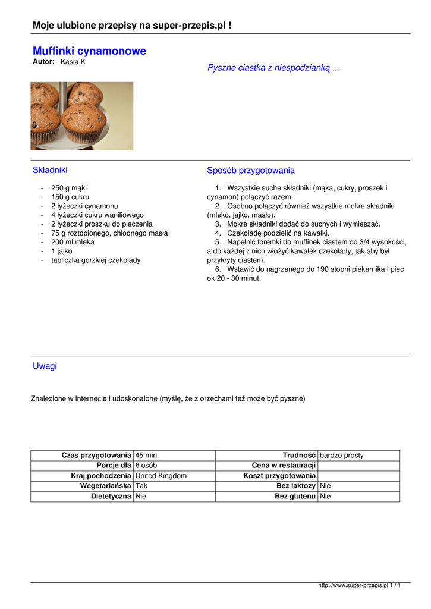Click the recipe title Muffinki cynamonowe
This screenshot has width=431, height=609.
89,51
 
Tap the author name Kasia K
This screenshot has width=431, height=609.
73,62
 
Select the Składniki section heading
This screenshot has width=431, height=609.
50,171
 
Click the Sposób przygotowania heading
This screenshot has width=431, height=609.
250,171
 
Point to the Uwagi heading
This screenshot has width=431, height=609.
45,366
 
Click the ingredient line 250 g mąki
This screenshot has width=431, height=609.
68,188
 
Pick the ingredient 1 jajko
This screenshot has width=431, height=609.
61,251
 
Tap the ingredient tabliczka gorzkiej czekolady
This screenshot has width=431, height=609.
96,260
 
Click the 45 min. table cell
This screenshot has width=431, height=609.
147,456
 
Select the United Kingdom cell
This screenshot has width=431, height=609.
161,476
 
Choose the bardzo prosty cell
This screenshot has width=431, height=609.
342,456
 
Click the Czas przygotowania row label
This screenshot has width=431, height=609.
96,456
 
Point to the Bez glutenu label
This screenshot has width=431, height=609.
295,496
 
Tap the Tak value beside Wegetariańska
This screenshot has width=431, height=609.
141,486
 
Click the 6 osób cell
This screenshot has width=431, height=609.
146,466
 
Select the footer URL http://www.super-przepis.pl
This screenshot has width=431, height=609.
353,586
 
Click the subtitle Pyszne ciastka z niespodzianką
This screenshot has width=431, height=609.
273,68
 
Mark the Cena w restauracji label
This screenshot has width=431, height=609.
284,466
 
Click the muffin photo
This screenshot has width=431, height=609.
82,116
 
